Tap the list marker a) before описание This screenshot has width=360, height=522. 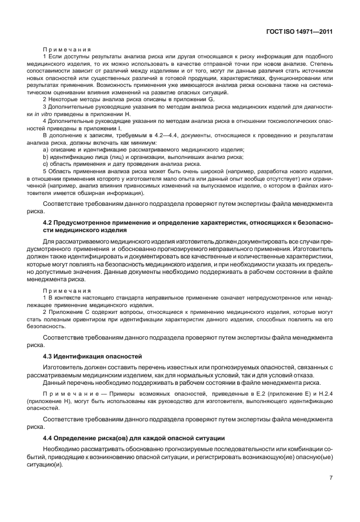pos(46,150)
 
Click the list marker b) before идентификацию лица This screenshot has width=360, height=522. pos(46,157)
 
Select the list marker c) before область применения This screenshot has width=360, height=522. pos(46,164)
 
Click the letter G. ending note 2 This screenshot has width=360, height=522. pos(211,100)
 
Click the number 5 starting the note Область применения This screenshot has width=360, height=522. pos(45,171)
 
